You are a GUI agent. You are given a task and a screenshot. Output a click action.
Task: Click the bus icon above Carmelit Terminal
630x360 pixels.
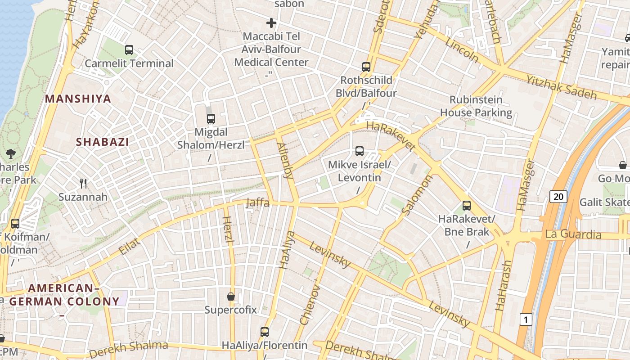click(129, 50)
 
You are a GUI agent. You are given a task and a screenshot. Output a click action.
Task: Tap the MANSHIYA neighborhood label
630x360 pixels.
click(78, 99)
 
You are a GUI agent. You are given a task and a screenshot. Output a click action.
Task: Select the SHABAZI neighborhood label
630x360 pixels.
click(103, 142)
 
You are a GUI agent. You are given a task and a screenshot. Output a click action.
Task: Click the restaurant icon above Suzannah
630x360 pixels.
click(83, 183)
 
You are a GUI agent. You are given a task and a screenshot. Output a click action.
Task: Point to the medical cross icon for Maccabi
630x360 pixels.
click(271, 22)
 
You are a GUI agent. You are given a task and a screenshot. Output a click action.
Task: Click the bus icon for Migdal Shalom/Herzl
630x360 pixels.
click(211, 119)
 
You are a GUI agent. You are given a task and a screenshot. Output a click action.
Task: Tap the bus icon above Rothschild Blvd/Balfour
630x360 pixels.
click(366, 67)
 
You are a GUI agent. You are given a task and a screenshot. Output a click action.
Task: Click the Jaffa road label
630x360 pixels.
click(258, 203)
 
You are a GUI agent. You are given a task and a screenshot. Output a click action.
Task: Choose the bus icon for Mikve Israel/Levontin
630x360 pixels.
click(359, 151)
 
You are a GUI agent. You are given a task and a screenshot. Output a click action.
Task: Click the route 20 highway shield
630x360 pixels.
click(558, 196)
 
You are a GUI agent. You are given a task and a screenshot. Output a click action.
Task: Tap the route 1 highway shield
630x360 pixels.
click(526, 319)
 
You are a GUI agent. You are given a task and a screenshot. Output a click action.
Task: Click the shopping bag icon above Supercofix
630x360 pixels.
click(231, 297)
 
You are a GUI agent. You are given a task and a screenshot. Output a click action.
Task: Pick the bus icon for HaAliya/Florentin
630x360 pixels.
click(265, 332)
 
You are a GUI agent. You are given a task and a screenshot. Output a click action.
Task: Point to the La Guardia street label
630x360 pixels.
click(573, 234)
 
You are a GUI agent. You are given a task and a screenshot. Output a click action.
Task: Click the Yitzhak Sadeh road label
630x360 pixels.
click(561, 87)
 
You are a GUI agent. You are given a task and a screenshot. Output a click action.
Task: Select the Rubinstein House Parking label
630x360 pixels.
click(476, 106)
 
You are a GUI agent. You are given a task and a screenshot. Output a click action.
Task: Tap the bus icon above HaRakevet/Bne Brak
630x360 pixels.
click(467, 206)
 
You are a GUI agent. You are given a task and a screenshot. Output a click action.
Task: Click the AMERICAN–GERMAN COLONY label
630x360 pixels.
click(64, 295)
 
